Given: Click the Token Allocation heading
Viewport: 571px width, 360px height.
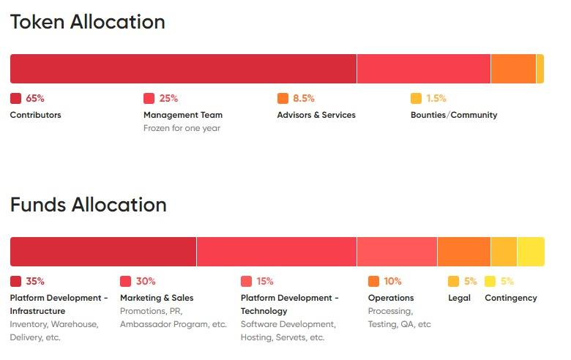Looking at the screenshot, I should (x=87, y=22).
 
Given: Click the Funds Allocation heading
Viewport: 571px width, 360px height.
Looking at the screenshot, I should (x=88, y=204).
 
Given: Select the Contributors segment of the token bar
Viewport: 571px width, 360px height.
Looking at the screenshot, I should (x=183, y=69).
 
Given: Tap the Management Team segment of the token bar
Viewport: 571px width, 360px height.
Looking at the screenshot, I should (x=423, y=69).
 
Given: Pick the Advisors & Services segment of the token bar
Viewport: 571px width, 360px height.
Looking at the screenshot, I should (x=513, y=69).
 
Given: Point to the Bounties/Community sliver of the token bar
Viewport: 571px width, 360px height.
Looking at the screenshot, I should (x=540, y=69).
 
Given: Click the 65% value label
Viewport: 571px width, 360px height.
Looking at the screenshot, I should (x=35, y=98).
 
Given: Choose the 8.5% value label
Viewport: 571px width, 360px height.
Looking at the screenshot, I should (x=303, y=98).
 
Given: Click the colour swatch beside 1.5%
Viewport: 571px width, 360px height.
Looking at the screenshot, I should (x=416, y=98).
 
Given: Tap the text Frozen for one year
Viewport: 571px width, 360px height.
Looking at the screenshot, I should (x=182, y=128).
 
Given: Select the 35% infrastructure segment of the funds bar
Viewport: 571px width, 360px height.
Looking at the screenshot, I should (x=103, y=252).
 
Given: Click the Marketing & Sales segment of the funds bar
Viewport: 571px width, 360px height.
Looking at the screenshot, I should (x=277, y=252).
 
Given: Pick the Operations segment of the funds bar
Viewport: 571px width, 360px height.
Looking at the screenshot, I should (x=463, y=252).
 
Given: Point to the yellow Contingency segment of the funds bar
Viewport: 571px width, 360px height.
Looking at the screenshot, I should (x=531, y=252).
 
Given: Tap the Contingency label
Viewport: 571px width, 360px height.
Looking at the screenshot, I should (x=510, y=298).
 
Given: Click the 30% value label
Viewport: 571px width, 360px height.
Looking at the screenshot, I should (x=146, y=281).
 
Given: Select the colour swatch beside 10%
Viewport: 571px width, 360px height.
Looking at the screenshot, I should (x=373, y=281).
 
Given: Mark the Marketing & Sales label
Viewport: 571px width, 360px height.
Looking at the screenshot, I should (x=157, y=298).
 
